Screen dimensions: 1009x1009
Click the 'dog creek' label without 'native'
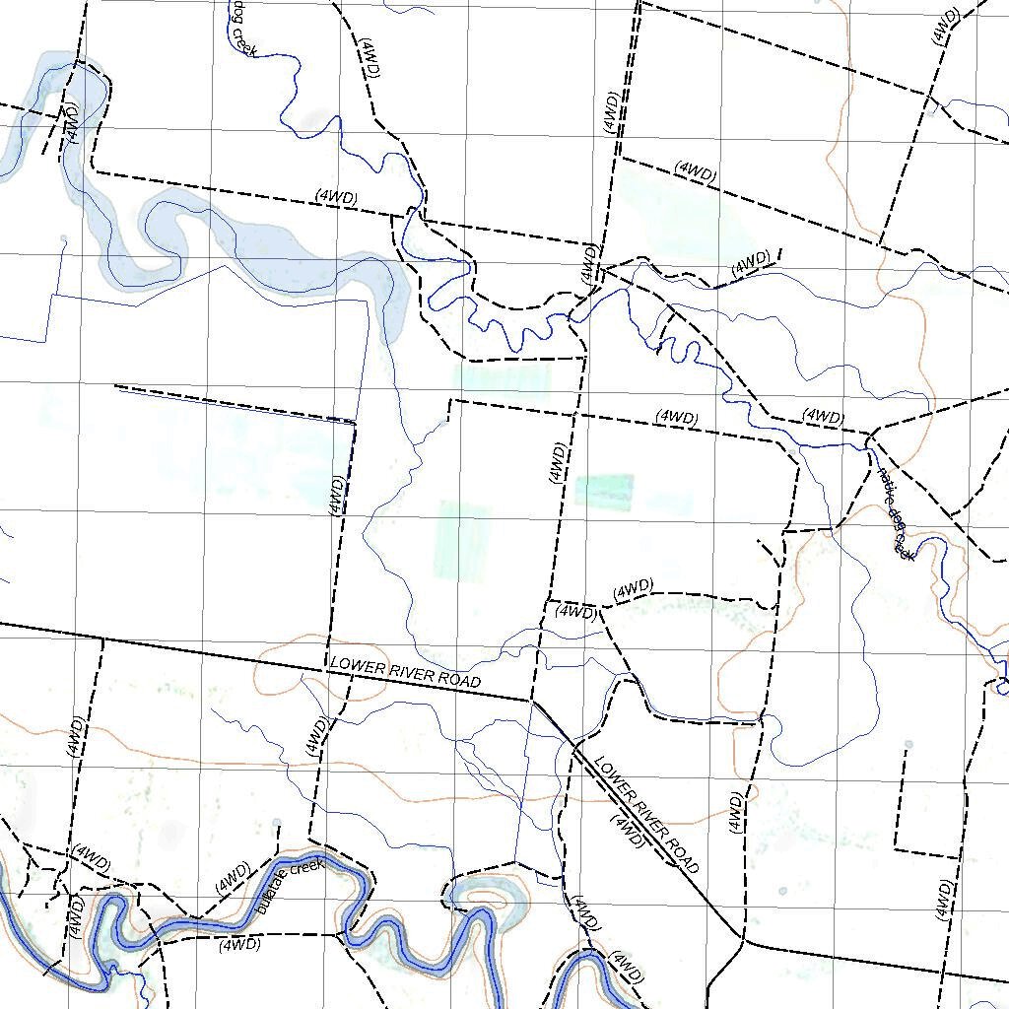point(242,27)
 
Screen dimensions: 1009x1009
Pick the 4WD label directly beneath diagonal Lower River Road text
point(628,831)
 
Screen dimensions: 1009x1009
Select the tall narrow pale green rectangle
point(461,540)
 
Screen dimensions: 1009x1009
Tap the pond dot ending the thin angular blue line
point(64,239)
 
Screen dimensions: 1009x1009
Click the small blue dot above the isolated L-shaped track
point(908,745)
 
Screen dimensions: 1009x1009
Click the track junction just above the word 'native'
point(871,433)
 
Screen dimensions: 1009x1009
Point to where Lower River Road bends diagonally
point(533,702)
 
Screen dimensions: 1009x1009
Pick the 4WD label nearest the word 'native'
point(822,416)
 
